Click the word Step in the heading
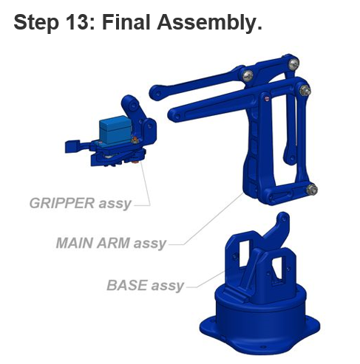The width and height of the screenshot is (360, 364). click(36, 22)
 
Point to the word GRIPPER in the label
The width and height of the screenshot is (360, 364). click(61, 203)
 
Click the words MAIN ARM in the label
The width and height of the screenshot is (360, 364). click(93, 243)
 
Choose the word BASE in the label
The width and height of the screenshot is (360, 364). click(127, 285)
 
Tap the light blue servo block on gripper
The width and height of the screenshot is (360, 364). click(115, 130)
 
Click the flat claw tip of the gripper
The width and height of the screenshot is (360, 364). click(72, 146)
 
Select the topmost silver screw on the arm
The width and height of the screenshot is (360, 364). click(293, 63)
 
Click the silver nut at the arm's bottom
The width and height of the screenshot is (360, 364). click(311, 190)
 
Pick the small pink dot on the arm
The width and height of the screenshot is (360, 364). click(266, 98)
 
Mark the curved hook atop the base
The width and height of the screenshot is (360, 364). click(279, 227)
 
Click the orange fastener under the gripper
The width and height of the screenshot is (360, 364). click(135, 162)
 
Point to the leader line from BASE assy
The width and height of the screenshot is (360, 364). click(205, 281)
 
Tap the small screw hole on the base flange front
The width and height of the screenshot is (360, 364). click(263, 347)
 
